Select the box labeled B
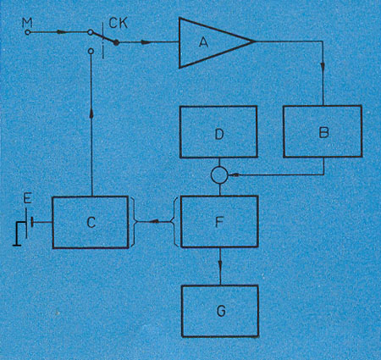point(323,131)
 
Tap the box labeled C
point(91,222)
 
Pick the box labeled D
point(218,131)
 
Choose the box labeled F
point(219,221)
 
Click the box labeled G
point(220,311)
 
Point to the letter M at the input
point(27,23)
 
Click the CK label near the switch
point(119,23)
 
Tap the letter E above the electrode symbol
point(27,199)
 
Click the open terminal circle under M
point(27,32)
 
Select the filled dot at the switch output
point(116,42)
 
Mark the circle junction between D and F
point(219,175)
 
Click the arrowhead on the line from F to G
point(220,264)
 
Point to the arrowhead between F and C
point(154,222)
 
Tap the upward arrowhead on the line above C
point(91,113)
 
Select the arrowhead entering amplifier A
point(146,42)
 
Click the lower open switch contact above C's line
point(91,51)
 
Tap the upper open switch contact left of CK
point(90,32)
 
